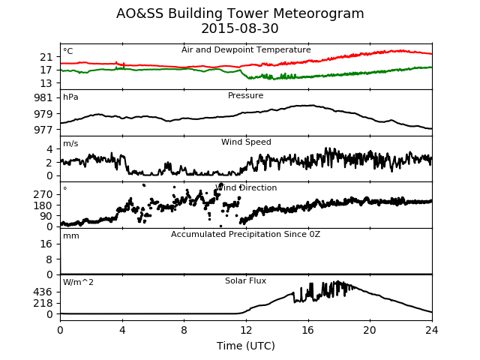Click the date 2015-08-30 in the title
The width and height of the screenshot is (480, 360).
click(x=240, y=28)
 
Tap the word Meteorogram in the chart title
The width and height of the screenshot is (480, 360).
click(x=318, y=13)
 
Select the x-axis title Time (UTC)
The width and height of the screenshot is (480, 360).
click(x=246, y=346)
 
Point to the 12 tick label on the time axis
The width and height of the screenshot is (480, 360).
click(x=246, y=330)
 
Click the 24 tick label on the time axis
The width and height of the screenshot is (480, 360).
click(x=432, y=330)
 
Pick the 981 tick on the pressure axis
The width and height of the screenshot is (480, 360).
click(x=43, y=97)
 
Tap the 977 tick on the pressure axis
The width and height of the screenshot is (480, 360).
click(x=43, y=130)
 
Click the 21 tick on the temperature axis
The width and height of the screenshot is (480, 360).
click(x=46, y=57)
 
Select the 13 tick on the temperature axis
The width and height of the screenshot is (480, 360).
click(x=46, y=83)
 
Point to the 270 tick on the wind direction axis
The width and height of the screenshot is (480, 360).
click(x=43, y=194)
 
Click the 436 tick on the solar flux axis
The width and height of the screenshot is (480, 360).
click(x=43, y=292)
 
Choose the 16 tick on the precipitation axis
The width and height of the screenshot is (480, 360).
click(x=46, y=244)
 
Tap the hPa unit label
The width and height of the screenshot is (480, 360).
click(x=70, y=97)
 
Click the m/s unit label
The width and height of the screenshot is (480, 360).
click(x=70, y=143)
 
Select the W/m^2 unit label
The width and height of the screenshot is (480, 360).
click(x=78, y=282)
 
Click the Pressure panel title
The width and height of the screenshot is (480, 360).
click(x=245, y=95)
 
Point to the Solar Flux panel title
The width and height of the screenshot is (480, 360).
click(x=245, y=280)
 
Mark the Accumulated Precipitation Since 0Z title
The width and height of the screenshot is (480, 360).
click(x=245, y=234)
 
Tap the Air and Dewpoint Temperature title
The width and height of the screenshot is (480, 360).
click(x=246, y=50)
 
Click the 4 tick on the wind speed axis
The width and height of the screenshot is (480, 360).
click(x=49, y=149)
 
